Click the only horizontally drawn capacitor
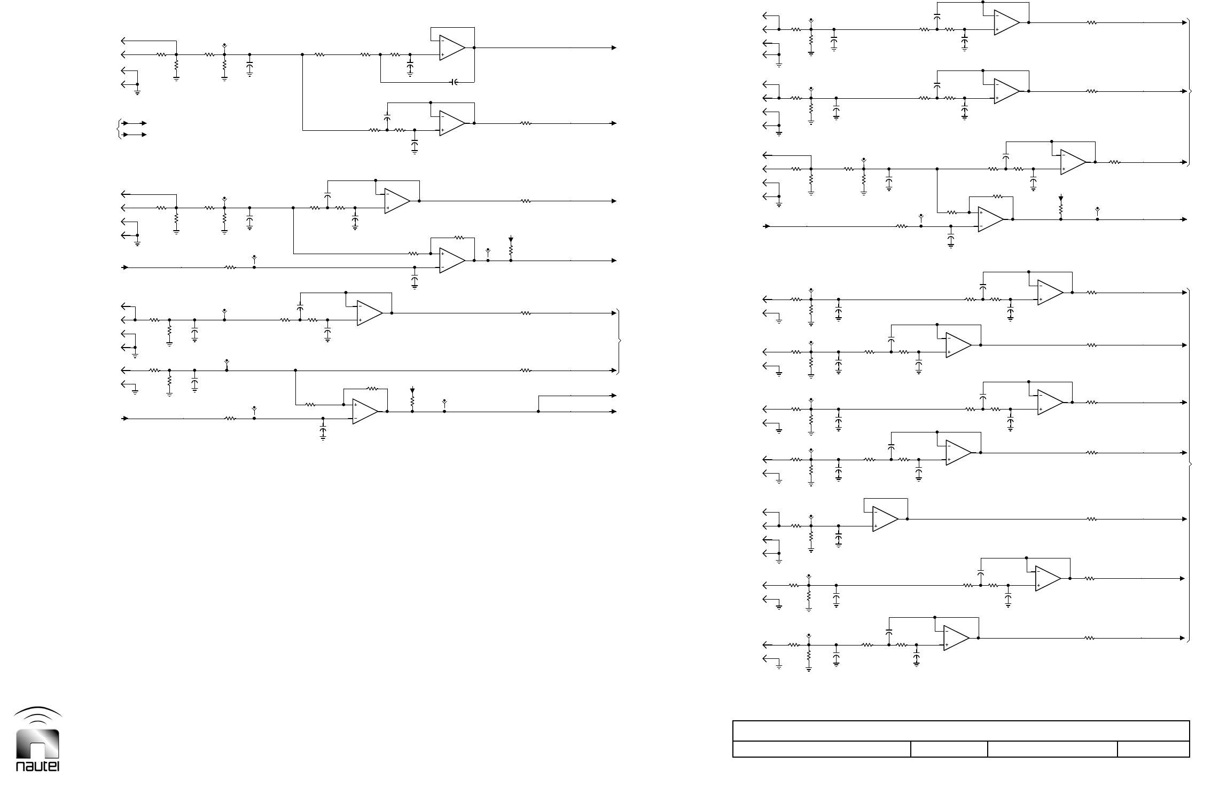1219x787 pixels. pyautogui.click(x=454, y=82)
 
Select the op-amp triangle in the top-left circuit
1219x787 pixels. pyautogui.click(x=452, y=48)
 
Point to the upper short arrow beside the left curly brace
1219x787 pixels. pyautogui.click(x=135, y=123)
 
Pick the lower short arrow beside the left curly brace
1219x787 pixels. pyautogui.click(x=135, y=135)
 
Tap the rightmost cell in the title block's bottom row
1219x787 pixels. pyautogui.click(x=1153, y=749)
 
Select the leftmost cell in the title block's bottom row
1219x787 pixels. pyautogui.click(x=821, y=749)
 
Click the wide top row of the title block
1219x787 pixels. pyautogui.click(x=960, y=730)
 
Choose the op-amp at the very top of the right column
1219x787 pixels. pyautogui.click(x=1006, y=23)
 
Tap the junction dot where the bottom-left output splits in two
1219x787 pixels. pyautogui.click(x=538, y=412)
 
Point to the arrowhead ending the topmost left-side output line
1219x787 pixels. pyautogui.click(x=614, y=48)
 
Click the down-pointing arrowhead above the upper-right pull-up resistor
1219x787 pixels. pyautogui.click(x=1061, y=199)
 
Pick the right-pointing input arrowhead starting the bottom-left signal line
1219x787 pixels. pyautogui.click(x=126, y=419)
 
